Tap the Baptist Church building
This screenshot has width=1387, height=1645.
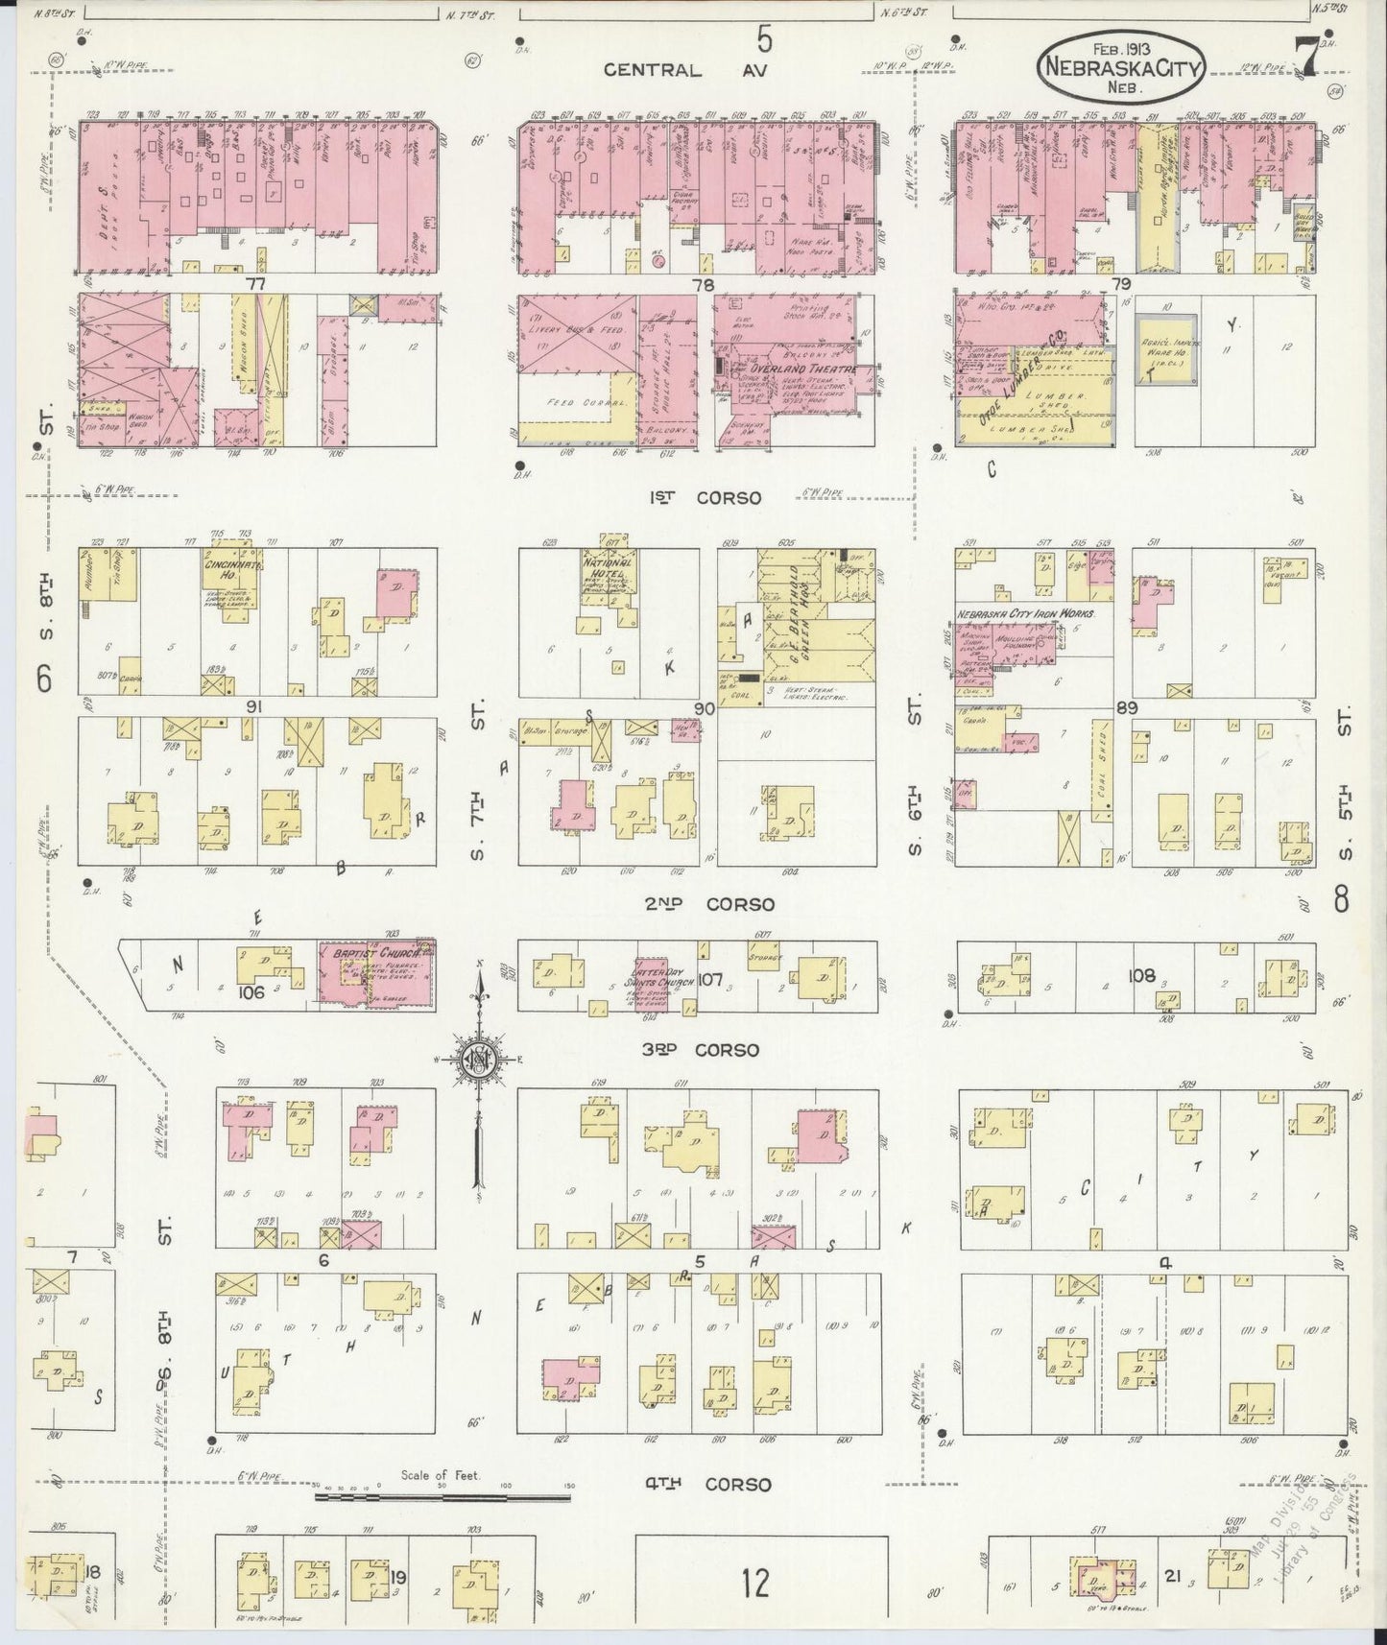coord(377,972)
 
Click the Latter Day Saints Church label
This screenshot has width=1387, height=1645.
coord(663,977)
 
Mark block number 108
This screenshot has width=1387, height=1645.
coord(1141,973)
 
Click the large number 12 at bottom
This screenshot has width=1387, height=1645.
coord(754,1583)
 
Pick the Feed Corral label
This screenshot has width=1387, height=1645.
coord(570,404)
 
